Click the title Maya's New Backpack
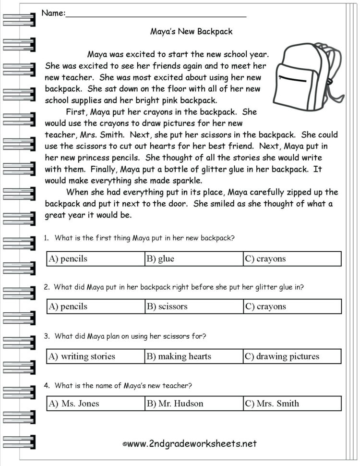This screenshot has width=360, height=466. point(192,32)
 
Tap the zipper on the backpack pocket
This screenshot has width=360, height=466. point(292,77)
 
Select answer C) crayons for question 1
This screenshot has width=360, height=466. point(265,259)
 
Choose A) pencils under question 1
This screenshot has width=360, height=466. point(68,259)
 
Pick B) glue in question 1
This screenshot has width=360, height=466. point(161,259)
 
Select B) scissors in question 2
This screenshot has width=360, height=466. point(167,307)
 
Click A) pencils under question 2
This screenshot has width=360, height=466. point(68,307)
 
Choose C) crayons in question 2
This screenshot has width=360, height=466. point(265,307)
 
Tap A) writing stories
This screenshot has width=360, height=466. point(82,356)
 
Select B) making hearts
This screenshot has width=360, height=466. point(179,356)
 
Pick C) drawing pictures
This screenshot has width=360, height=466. point(282,356)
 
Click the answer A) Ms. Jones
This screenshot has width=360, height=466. point(74,404)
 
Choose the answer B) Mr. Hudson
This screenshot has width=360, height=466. point(175,404)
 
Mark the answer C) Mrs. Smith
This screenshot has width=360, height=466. point(272,404)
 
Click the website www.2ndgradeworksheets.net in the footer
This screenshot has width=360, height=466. point(192,443)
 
